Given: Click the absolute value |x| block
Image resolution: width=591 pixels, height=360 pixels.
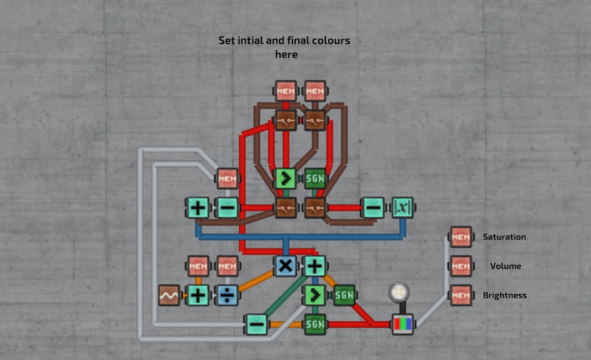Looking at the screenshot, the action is click(x=402, y=208).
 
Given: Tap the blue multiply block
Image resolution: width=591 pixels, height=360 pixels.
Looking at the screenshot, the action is click(x=285, y=266).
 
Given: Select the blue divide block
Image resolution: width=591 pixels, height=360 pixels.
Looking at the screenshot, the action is click(x=227, y=295).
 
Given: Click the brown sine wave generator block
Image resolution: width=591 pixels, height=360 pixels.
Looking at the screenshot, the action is click(x=169, y=295).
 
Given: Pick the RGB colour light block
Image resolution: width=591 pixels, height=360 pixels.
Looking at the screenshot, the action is click(x=402, y=324).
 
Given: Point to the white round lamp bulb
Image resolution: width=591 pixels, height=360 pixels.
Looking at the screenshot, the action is click(x=399, y=292).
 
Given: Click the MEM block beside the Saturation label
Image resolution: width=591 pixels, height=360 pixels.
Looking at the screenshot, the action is click(x=461, y=237).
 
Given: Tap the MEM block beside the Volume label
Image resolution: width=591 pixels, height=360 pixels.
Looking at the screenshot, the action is click(x=461, y=266).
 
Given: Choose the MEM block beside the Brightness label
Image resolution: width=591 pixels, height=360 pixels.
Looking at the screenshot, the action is click(x=461, y=295).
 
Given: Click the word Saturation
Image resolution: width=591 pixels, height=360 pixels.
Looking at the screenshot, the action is click(x=504, y=237).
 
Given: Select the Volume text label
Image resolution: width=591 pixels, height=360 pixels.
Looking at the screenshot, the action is click(x=506, y=266).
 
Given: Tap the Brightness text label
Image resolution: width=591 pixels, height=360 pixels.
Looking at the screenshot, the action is click(x=505, y=295).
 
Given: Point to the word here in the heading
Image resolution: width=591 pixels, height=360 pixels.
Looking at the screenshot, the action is click(x=286, y=55).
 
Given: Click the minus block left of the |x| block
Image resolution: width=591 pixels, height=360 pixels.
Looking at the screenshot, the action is click(x=373, y=208).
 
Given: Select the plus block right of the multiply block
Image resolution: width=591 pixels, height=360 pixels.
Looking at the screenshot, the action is click(x=315, y=266).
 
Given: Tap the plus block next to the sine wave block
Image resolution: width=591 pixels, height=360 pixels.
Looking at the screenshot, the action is click(x=198, y=295).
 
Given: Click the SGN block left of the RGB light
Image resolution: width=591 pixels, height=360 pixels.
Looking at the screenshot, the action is click(x=315, y=324).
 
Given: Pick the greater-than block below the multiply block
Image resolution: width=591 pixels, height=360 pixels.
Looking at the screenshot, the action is click(x=315, y=295).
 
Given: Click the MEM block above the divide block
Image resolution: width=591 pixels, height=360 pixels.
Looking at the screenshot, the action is click(x=227, y=266).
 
